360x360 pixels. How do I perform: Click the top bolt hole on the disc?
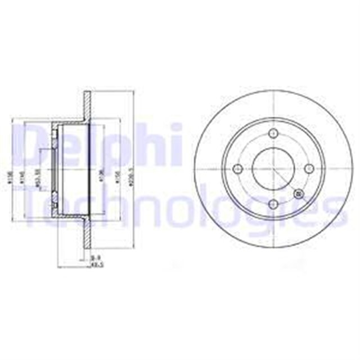[x=274, y=133]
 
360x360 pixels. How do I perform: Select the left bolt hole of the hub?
[x=237, y=168]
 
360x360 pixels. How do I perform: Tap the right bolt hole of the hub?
[x=309, y=168]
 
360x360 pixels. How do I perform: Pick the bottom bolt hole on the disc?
[x=274, y=204]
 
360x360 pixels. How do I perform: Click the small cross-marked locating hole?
[x=298, y=195]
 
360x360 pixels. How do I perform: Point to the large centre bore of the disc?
[x=273, y=168]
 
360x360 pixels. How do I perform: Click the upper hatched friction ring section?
[x=87, y=104]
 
